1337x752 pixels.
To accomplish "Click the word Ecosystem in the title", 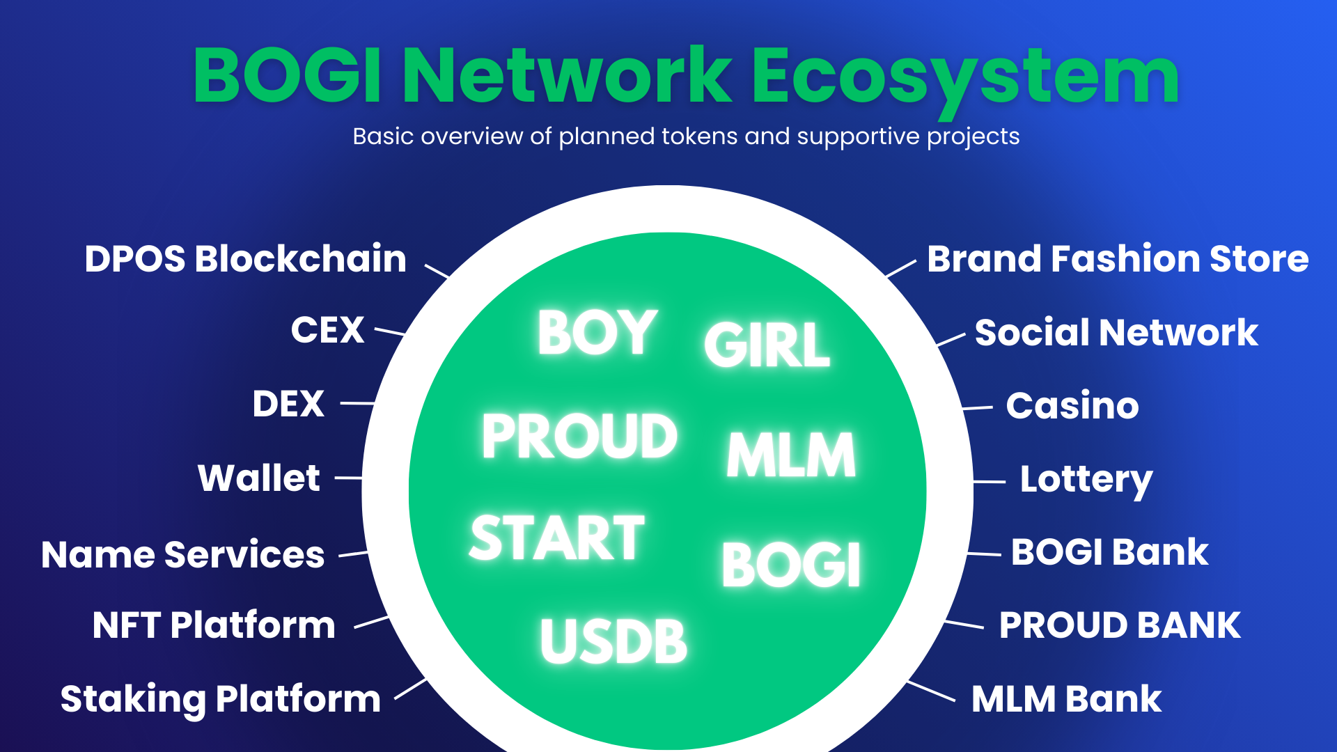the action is point(966,77).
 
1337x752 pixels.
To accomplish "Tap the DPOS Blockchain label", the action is point(246,259).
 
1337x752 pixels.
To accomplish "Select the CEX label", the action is point(327,330).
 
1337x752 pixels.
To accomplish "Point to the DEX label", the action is point(288,404).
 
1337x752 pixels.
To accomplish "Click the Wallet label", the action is point(259,478).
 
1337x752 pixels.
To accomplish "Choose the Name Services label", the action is point(183,555).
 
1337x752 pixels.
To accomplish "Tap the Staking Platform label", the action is point(221,700).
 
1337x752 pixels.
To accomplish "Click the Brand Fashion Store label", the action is point(1118,259).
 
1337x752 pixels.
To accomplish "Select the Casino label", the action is point(1072,405).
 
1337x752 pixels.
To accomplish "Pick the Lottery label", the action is point(1086,480).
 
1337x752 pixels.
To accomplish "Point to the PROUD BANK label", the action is point(1120,625).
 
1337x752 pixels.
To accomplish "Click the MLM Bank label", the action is point(1067,699).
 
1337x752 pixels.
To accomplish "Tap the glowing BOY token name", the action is point(598,333).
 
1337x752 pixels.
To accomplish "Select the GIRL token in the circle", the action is point(767,345).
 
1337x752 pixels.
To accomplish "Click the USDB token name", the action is point(613,641).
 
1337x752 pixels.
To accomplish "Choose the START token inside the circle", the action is point(557,538).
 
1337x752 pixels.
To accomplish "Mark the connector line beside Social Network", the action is point(951,340).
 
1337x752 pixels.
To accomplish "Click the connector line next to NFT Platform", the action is point(372,622).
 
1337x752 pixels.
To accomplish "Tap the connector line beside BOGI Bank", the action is point(985,554).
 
